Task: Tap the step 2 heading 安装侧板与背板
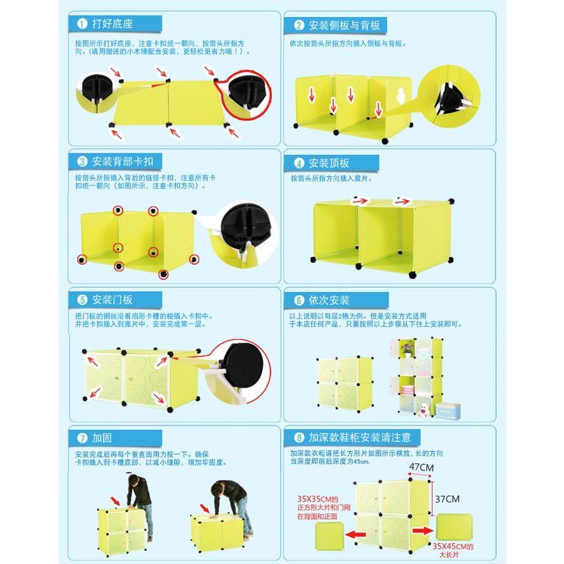coord(343,26)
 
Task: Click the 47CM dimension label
coord(421,468)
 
